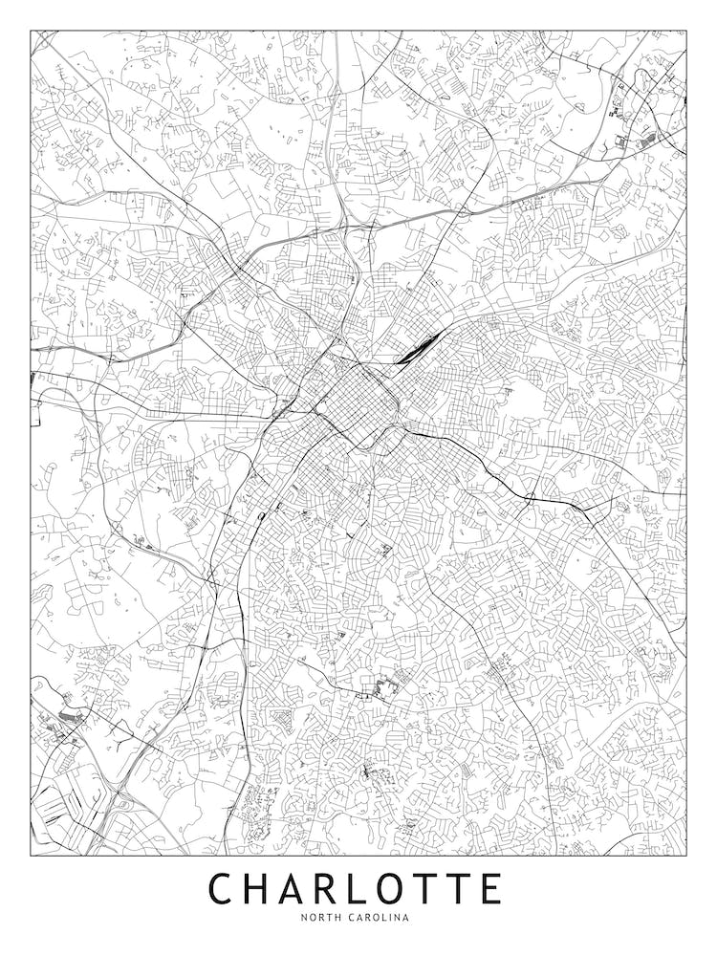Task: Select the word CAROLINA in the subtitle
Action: [380, 918]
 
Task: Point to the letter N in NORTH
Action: [303, 918]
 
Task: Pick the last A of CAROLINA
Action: [406, 918]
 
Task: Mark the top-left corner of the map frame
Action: [31, 31]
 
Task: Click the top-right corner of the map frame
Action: [686, 31]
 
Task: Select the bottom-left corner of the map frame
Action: [31, 855]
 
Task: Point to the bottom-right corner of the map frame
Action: [686, 855]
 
